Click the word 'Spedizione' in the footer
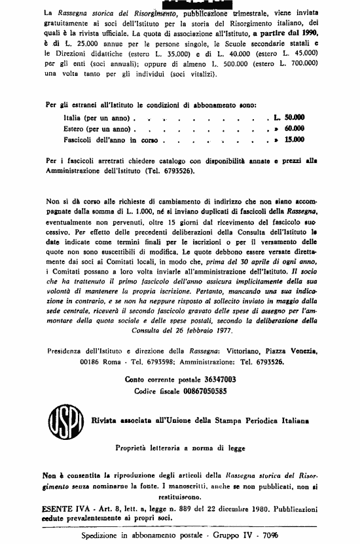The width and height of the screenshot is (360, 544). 104,535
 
